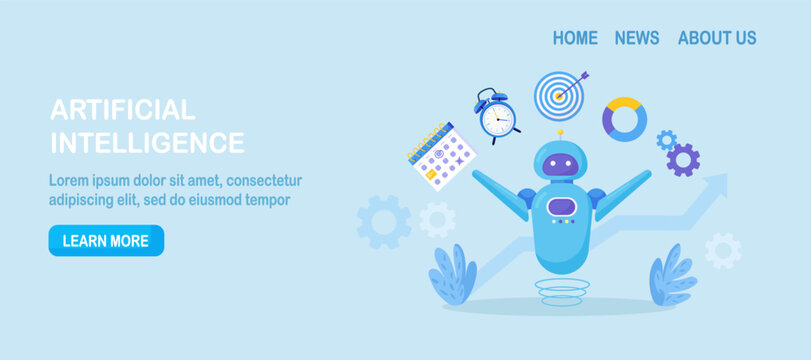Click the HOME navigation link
pos(575,38)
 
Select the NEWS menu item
pos(637,38)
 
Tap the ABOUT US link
pos(717,38)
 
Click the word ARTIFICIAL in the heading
pos(122,110)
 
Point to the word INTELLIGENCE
pos(147,143)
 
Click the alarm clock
pos(497,117)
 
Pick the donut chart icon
pos(624,119)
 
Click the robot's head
pos(560,162)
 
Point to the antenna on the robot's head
pos(560,134)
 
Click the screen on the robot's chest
pos(561,206)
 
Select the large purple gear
pos(683,160)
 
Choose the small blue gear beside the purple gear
pos(666,140)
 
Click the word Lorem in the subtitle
pos(69,181)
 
